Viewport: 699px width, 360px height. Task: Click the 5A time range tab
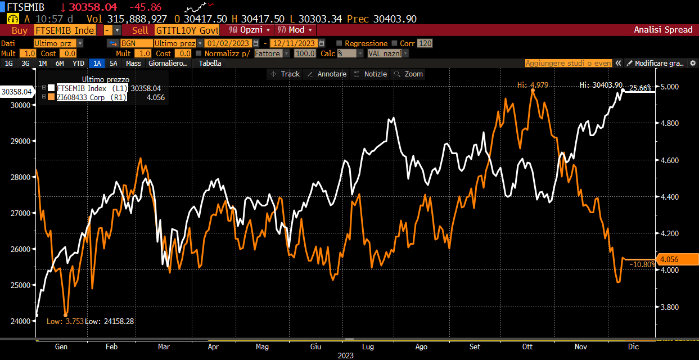113,64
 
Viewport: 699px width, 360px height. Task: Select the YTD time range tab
78,64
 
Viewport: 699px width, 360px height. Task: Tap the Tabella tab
210,64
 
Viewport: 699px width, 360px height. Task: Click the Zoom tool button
408,74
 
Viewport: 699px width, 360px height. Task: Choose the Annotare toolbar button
327,74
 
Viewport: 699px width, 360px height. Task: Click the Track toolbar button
285,74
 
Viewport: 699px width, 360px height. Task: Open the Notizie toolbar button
371,74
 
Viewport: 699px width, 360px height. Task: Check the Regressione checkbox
339,43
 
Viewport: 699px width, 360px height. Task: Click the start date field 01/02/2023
228,43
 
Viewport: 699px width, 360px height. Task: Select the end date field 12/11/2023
294,43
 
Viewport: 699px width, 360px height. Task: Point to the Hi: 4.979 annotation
533,85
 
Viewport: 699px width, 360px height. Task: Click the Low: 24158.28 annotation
110,321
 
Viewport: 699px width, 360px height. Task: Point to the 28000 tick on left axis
21,177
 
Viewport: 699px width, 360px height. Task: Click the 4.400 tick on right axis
669,197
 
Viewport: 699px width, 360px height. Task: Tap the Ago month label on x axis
421,346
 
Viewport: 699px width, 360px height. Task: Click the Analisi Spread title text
663,30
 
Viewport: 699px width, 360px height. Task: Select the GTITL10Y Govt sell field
187,30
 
